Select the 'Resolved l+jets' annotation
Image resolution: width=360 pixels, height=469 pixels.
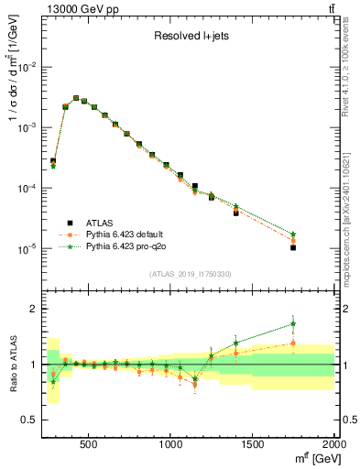pyautogui.click(x=189, y=37)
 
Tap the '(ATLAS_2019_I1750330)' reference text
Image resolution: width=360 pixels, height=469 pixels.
pyautogui.click(x=189, y=274)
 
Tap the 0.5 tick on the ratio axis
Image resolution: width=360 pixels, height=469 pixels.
pyautogui.click(x=30, y=420)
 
